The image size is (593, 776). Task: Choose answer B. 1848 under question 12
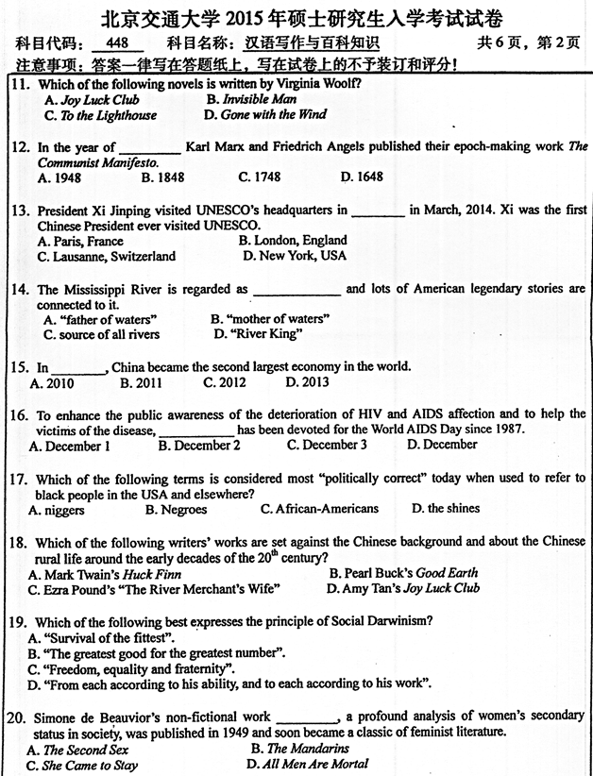click(x=162, y=177)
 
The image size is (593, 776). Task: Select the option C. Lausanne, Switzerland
click(x=106, y=256)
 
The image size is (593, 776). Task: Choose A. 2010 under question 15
click(x=52, y=382)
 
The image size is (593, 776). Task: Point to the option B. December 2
click(x=199, y=446)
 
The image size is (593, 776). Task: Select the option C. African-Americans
click(x=319, y=509)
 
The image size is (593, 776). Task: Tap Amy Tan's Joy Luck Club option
click(x=402, y=588)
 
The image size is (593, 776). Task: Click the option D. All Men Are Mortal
click(x=307, y=764)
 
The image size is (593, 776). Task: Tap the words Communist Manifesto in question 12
click(x=85, y=161)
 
